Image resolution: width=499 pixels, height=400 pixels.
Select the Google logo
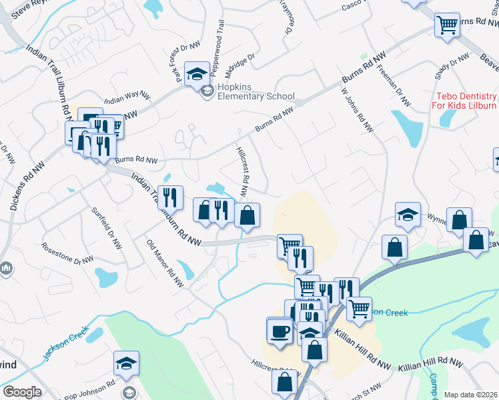22,392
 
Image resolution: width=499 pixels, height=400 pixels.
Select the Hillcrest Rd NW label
243,171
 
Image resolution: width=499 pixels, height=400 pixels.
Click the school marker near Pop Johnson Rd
126,363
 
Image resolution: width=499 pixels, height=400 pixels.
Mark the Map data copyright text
471,395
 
